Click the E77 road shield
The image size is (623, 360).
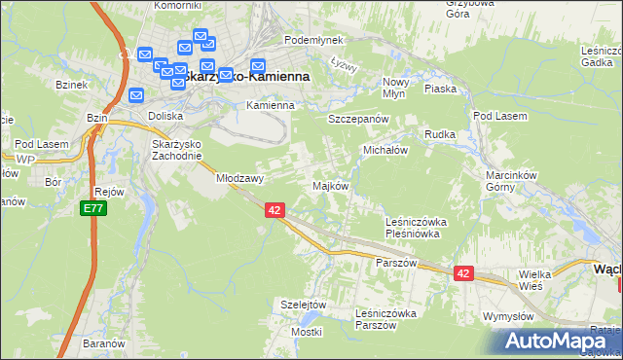coord(90,209)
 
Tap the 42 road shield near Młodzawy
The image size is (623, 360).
coord(274,210)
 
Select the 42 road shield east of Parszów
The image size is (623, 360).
coord(462,274)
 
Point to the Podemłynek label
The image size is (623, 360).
coord(310,41)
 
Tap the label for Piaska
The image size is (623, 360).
coord(441,89)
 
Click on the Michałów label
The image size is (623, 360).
coord(385,152)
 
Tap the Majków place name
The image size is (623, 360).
coord(329,186)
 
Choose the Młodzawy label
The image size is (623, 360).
coord(240,179)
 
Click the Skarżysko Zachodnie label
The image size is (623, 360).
coord(177,150)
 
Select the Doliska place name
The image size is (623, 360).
coord(165,115)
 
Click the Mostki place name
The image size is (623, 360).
coord(306,332)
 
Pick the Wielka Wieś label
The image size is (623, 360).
coord(534,280)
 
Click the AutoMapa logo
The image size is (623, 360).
coord(555,341)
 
